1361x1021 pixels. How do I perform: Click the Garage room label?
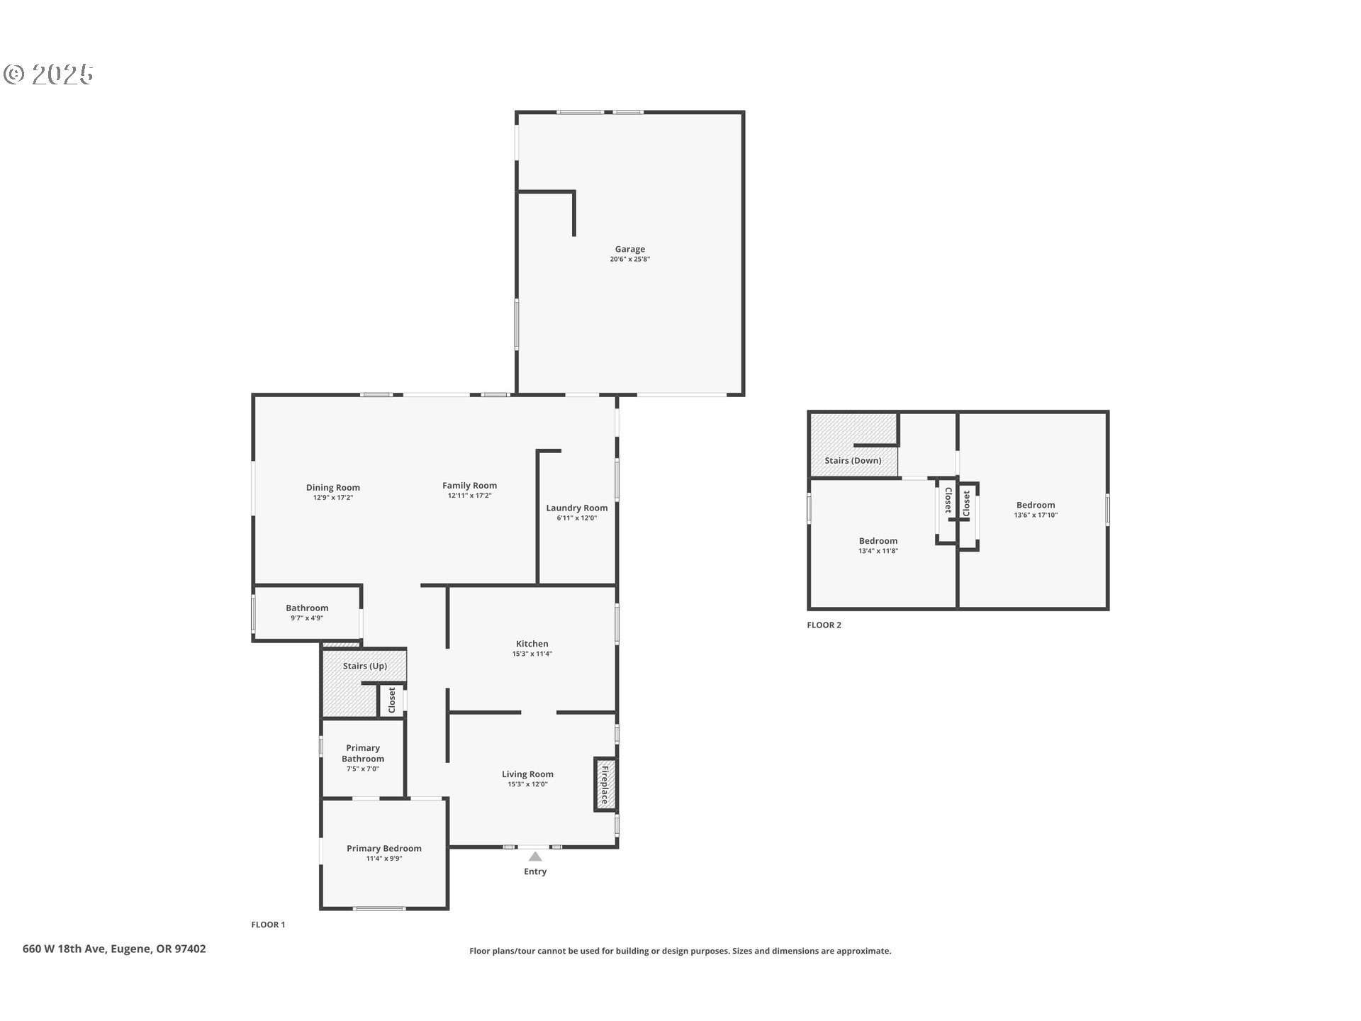[x=629, y=249]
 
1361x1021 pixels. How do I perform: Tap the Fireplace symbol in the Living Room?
[x=605, y=784]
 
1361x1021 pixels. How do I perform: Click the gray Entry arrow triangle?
[x=535, y=857]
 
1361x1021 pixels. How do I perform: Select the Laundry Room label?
[x=576, y=508]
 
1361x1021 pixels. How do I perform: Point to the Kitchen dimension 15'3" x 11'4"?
[x=532, y=654]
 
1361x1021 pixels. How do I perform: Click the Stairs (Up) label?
[x=364, y=666]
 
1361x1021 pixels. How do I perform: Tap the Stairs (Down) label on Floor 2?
[x=853, y=460]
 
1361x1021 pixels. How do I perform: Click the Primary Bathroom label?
[x=362, y=753]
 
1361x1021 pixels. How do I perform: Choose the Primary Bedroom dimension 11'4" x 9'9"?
[x=383, y=859]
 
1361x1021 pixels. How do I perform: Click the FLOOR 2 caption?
[x=824, y=625]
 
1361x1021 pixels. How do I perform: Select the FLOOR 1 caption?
[x=268, y=925]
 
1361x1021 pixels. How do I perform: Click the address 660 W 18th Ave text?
[x=114, y=949]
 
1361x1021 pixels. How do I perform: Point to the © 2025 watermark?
[x=48, y=74]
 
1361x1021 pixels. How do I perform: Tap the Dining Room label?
[x=332, y=487]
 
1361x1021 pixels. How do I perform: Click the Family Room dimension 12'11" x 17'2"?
[x=469, y=496]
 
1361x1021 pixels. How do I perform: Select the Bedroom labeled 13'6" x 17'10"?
[x=1035, y=506]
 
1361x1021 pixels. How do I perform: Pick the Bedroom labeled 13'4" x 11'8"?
[x=878, y=541]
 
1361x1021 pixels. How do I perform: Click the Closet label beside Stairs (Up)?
[x=392, y=700]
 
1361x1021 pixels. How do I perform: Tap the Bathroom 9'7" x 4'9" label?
[x=307, y=608]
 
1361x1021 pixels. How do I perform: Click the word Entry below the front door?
[x=535, y=871]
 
